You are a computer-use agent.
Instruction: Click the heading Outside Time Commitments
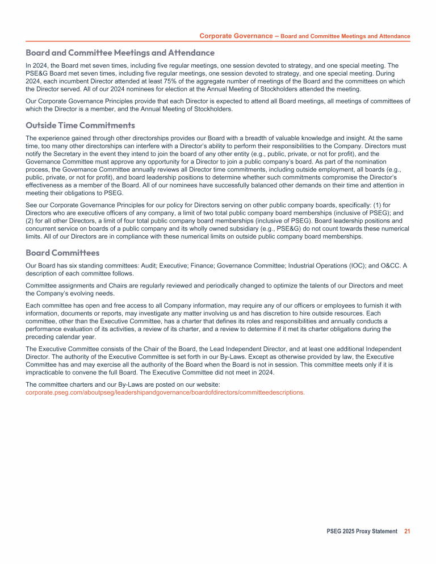click(80, 125)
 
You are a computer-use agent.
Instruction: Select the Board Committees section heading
click(62, 253)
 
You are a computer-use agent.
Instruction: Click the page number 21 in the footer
click(407, 531)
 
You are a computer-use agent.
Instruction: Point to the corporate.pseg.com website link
click(165, 392)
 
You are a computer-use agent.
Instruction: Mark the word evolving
click(85, 294)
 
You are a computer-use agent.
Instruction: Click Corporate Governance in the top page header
click(236, 36)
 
